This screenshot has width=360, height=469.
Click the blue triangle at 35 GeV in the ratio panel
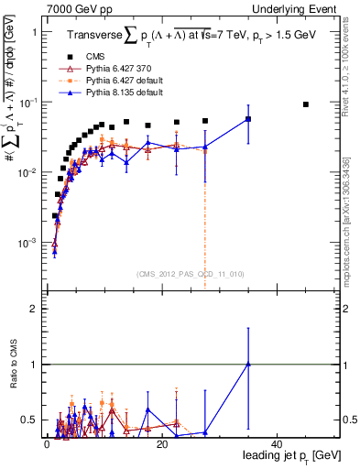tap(248, 364)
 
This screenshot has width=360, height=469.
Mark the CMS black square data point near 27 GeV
tap(205, 121)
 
